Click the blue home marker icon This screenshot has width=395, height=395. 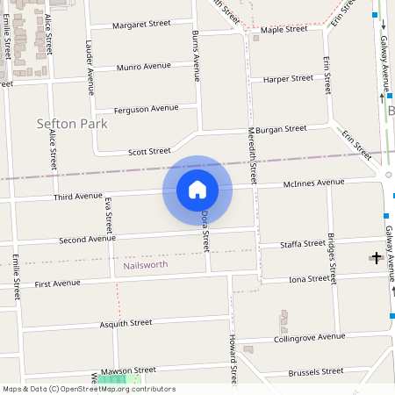[x=197, y=189]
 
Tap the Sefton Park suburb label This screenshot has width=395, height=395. [x=72, y=124]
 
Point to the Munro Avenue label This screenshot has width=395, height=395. [x=143, y=67]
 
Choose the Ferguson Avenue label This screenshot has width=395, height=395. [x=146, y=109]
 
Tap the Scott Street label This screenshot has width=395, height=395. [x=149, y=151]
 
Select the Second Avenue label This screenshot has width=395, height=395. [x=87, y=239]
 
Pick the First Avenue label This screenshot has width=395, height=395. [x=57, y=284]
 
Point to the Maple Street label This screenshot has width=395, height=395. [x=284, y=29]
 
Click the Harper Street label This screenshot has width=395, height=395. [x=288, y=78]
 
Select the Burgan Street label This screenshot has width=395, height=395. [x=281, y=128]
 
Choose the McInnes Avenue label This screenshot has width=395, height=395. [x=313, y=183]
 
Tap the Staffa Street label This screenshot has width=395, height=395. [x=302, y=243]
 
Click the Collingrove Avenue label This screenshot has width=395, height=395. [x=310, y=337]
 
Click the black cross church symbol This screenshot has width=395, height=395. [x=377, y=257]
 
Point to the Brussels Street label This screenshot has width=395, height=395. [x=316, y=372]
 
